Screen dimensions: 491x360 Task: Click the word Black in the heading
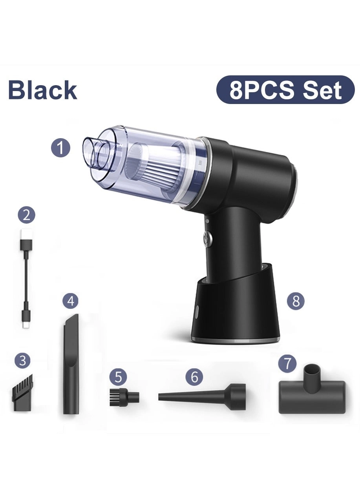(x=42, y=90)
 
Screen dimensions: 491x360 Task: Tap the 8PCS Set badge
(x=285, y=90)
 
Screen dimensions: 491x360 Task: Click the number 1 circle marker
(x=61, y=149)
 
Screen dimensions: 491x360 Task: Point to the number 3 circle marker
(x=23, y=360)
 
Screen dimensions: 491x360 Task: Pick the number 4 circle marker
(x=71, y=301)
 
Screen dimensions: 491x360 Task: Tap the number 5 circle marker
(x=118, y=378)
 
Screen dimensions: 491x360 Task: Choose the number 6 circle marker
(x=194, y=378)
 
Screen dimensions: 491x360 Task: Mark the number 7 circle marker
(x=287, y=364)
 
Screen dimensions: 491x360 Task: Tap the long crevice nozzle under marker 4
(x=71, y=365)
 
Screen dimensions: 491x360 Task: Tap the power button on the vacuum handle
(x=207, y=237)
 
